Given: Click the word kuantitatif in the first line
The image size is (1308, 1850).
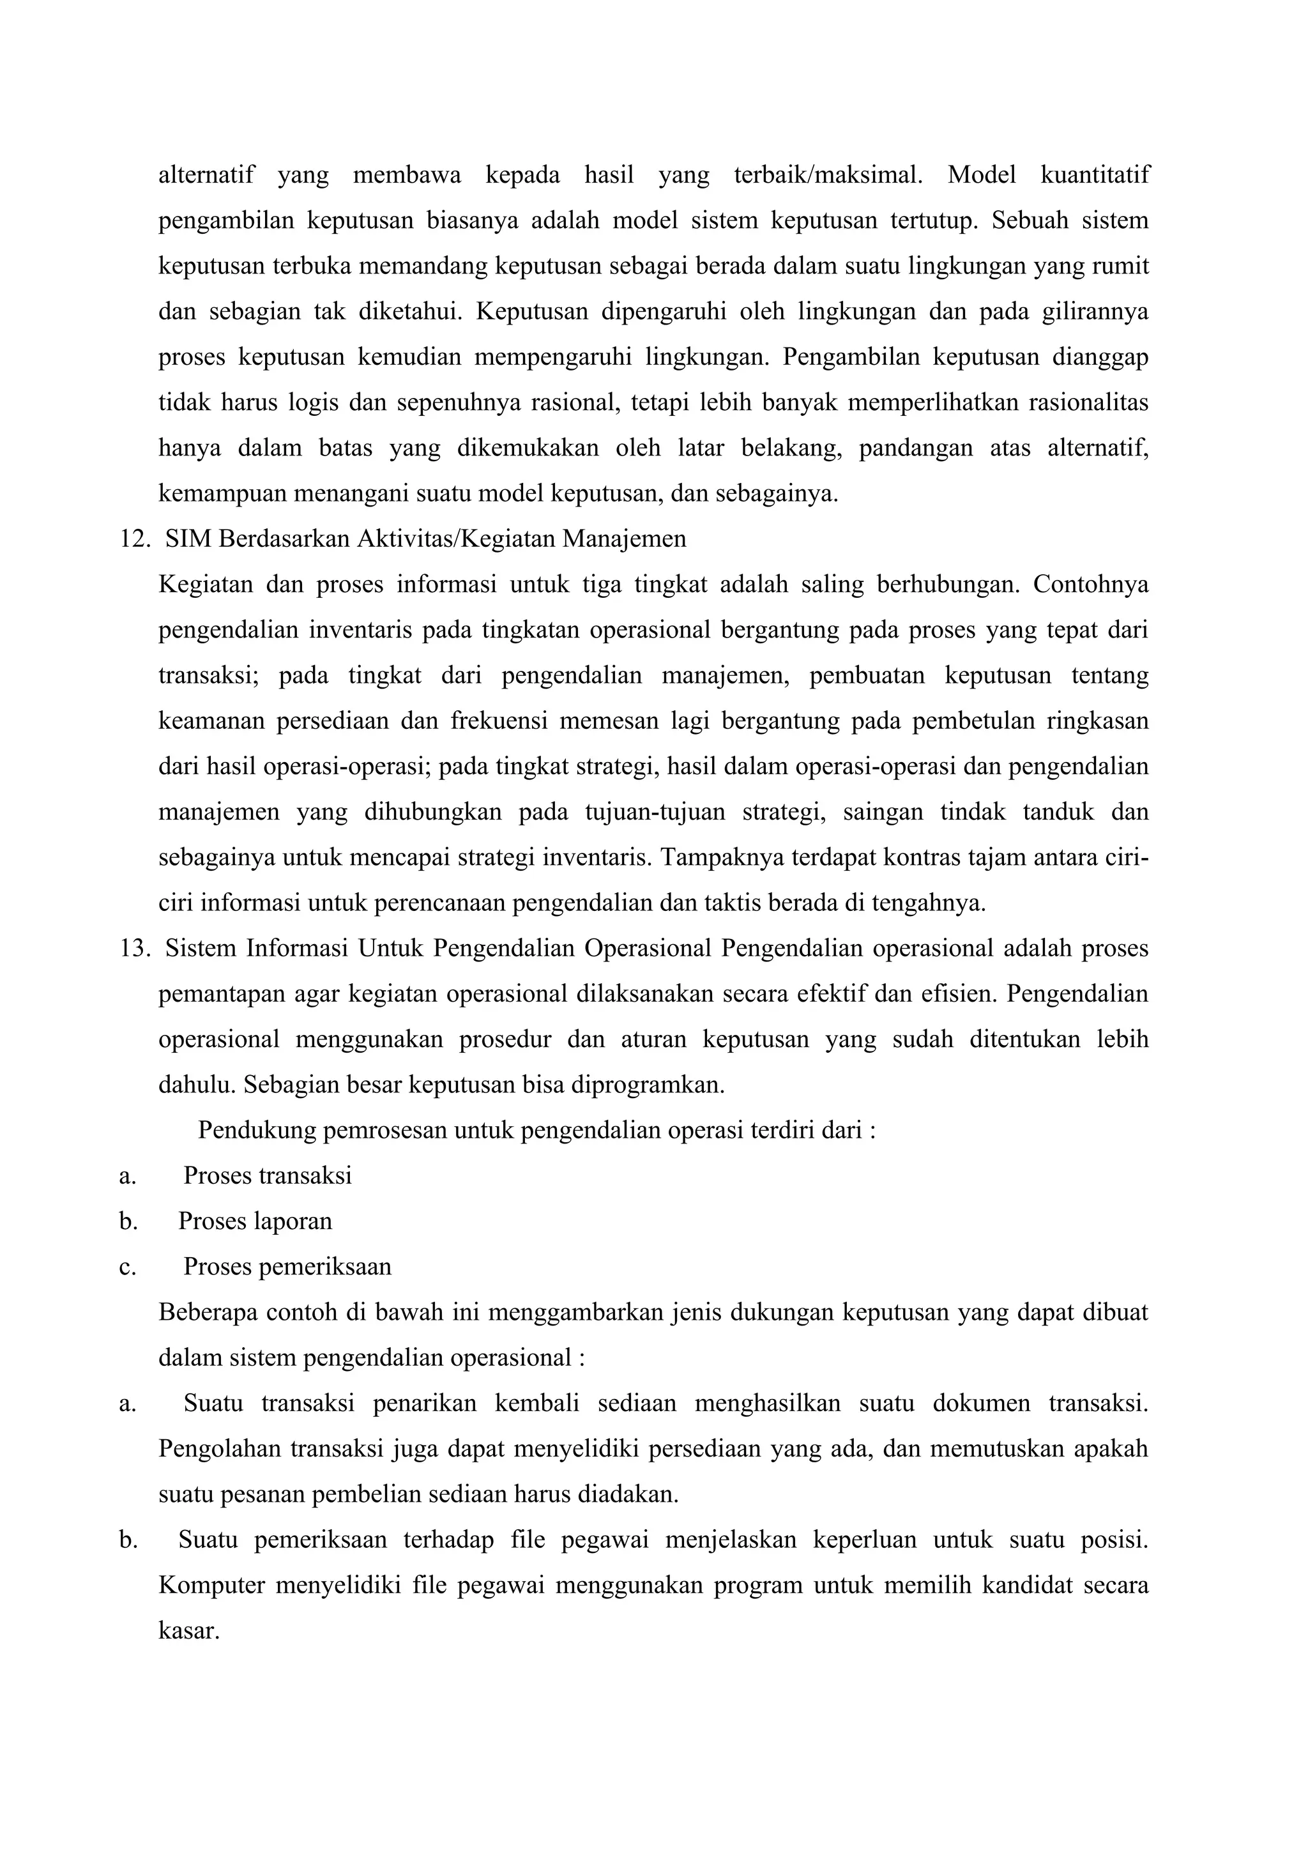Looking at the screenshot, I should (x=1095, y=175).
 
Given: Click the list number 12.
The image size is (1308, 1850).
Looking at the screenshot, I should (x=135, y=539).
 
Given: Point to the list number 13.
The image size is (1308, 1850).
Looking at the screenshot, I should (x=135, y=949).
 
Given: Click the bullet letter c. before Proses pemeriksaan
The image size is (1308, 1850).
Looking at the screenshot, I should (x=127, y=1267).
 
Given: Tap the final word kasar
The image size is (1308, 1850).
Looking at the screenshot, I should (x=188, y=1631).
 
